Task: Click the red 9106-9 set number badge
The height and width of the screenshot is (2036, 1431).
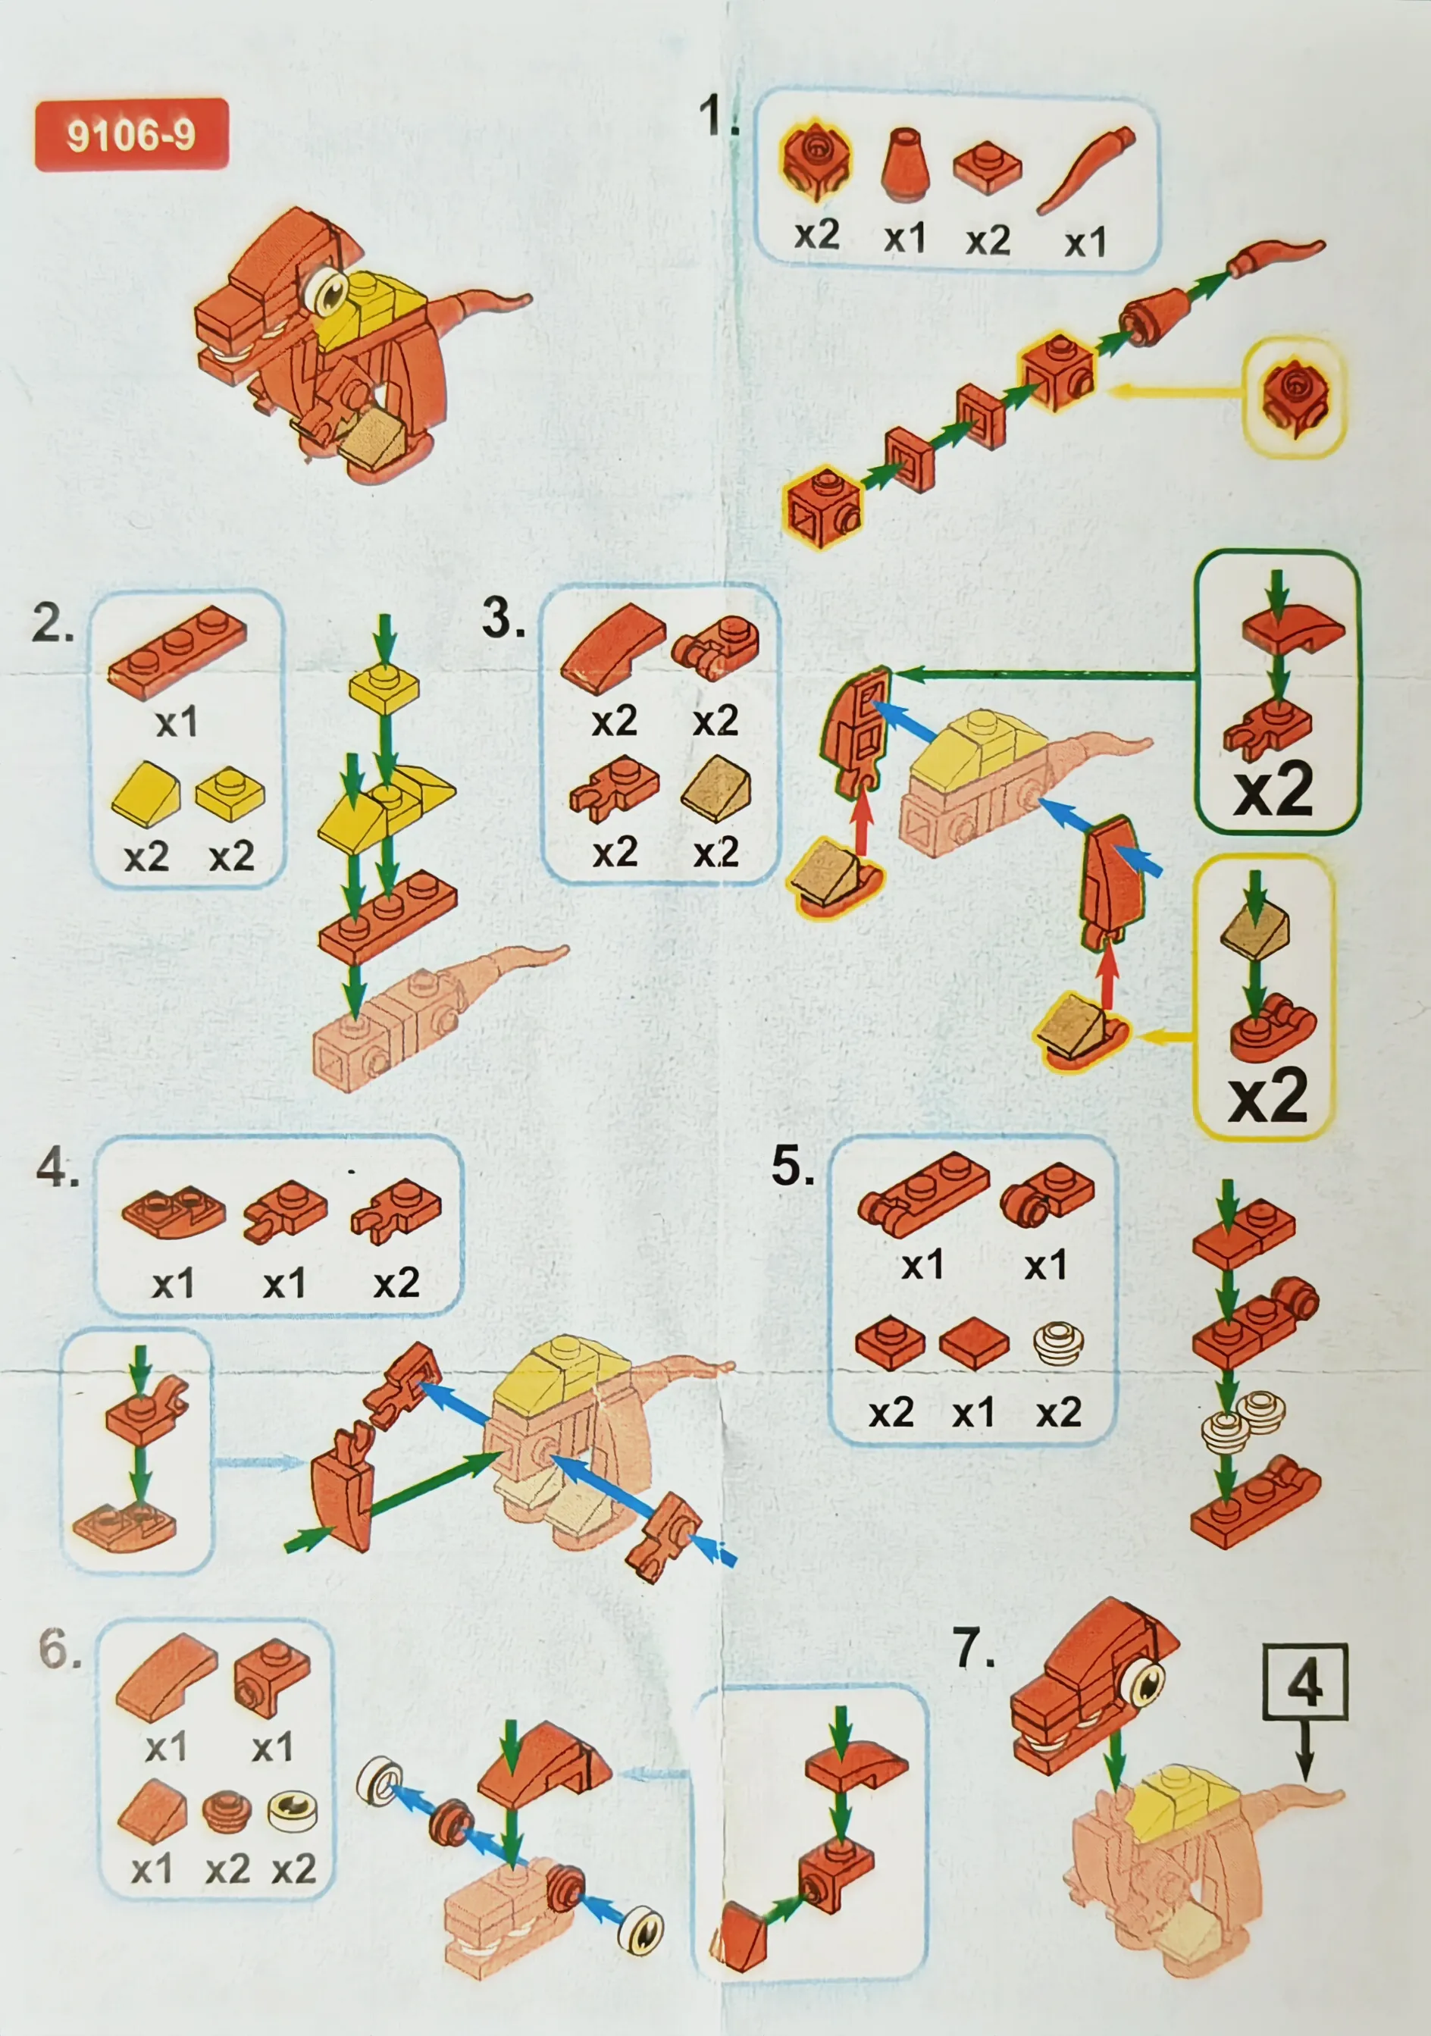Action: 132,135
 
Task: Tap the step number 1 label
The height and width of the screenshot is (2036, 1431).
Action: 719,115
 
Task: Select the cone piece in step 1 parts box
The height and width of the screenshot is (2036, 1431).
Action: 904,165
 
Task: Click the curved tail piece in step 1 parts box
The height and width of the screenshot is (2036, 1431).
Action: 1085,171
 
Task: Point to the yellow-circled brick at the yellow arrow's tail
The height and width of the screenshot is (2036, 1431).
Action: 1295,396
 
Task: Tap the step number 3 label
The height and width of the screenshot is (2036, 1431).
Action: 503,617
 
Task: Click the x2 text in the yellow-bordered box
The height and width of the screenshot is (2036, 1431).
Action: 1268,1095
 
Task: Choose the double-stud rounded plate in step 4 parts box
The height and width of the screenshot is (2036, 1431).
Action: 173,1211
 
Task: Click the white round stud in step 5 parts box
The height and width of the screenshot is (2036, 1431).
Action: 1058,1343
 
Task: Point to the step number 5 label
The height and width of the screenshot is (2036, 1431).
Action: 793,1165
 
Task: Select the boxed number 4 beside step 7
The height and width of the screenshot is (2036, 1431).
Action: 1305,1682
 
